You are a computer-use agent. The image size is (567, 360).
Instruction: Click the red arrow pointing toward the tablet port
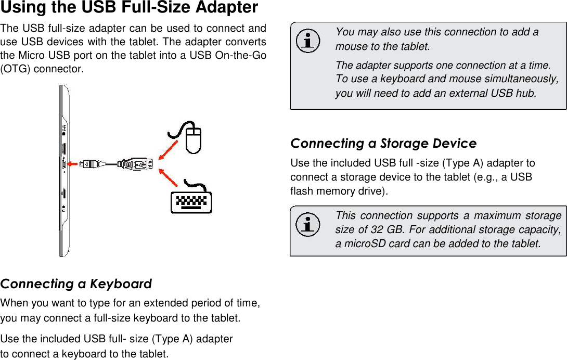click(x=74, y=164)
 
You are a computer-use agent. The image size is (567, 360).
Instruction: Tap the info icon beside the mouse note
click(x=308, y=41)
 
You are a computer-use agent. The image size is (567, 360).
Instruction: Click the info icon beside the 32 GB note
click(x=308, y=225)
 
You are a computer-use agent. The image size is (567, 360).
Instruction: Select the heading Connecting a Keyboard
click(x=76, y=284)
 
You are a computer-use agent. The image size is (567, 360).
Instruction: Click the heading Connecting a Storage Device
click(x=383, y=143)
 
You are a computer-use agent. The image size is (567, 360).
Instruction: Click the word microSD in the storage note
click(x=363, y=243)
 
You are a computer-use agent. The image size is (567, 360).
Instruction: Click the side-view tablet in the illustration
click(x=65, y=172)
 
